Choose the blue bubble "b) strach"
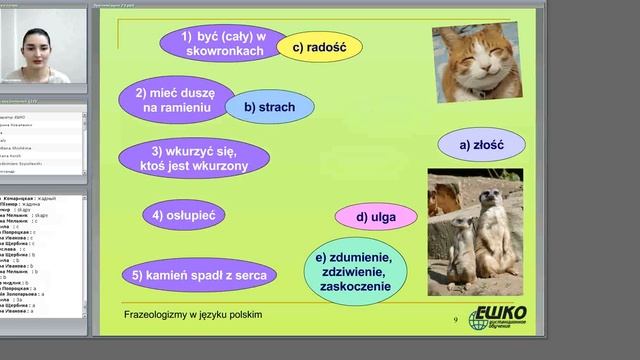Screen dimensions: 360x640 (269, 107)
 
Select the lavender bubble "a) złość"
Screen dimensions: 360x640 (481, 144)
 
